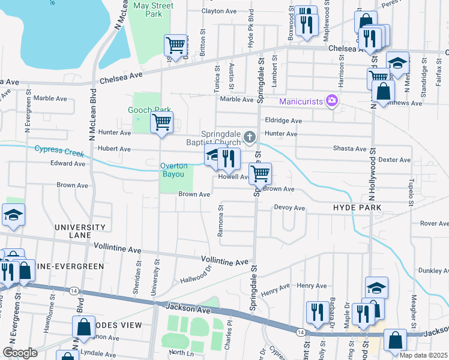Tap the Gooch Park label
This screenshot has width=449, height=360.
click(142, 110)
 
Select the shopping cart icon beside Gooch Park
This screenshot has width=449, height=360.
click(161, 122)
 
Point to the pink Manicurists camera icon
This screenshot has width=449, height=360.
click(330, 100)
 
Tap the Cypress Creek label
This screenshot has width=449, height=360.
click(59, 150)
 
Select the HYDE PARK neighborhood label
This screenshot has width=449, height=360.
click(357, 207)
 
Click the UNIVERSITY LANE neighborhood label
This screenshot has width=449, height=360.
click(79, 232)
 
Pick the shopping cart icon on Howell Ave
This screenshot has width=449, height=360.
click(260, 173)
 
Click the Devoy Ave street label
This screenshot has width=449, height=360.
click(289, 208)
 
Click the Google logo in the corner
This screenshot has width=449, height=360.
click(20, 353)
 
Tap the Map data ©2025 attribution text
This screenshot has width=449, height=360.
click(424, 355)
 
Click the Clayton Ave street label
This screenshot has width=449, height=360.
click(219, 11)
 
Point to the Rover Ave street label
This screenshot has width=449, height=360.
click(434, 224)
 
